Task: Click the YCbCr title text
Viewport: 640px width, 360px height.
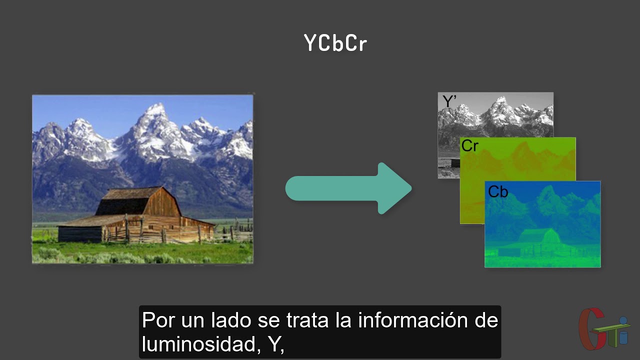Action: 335,43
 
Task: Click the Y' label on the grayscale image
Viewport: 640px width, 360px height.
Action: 449,101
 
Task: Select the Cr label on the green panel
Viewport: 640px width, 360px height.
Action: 470,146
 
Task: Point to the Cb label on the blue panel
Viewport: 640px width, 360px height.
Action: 498,191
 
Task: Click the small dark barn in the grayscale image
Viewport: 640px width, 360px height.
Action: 454,163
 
